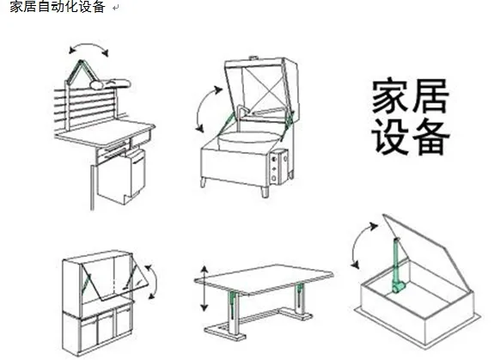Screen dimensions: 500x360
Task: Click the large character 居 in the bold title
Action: tap(430, 95)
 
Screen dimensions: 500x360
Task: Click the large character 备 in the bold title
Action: tap(430, 137)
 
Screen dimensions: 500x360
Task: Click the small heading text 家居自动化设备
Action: tap(58, 6)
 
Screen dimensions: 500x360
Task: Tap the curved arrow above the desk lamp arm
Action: tap(88, 46)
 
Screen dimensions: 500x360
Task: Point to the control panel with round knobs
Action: tap(275, 167)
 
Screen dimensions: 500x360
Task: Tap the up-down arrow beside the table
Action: tap(204, 288)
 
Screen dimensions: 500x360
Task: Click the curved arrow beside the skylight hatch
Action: tap(360, 244)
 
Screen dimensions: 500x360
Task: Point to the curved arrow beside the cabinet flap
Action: tap(154, 281)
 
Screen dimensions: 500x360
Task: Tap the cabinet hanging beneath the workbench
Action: tap(121, 177)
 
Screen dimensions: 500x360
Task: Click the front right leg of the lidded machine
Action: tap(265, 192)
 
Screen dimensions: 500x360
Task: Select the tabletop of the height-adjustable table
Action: tap(264, 279)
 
